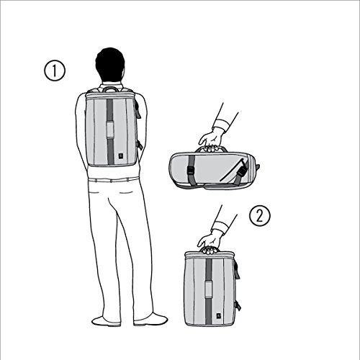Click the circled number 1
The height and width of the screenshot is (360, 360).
click(x=55, y=71)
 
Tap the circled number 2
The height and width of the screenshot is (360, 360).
click(x=259, y=215)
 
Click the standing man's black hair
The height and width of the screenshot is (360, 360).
click(x=110, y=63)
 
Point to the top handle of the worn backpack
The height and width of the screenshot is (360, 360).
click(x=112, y=89)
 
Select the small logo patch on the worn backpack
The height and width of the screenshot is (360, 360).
click(x=120, y=156)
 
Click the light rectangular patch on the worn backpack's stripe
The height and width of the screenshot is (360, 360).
click(x=110, y=130)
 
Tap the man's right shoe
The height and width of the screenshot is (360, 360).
click(x=150, y=319)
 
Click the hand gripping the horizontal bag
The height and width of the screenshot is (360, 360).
click(x=211, y=141)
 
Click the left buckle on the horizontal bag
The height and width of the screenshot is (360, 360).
click(x=191, y=171)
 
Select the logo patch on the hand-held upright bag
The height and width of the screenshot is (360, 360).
click(x=219, y=316)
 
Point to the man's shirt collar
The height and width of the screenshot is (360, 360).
click(x=112, y=86)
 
